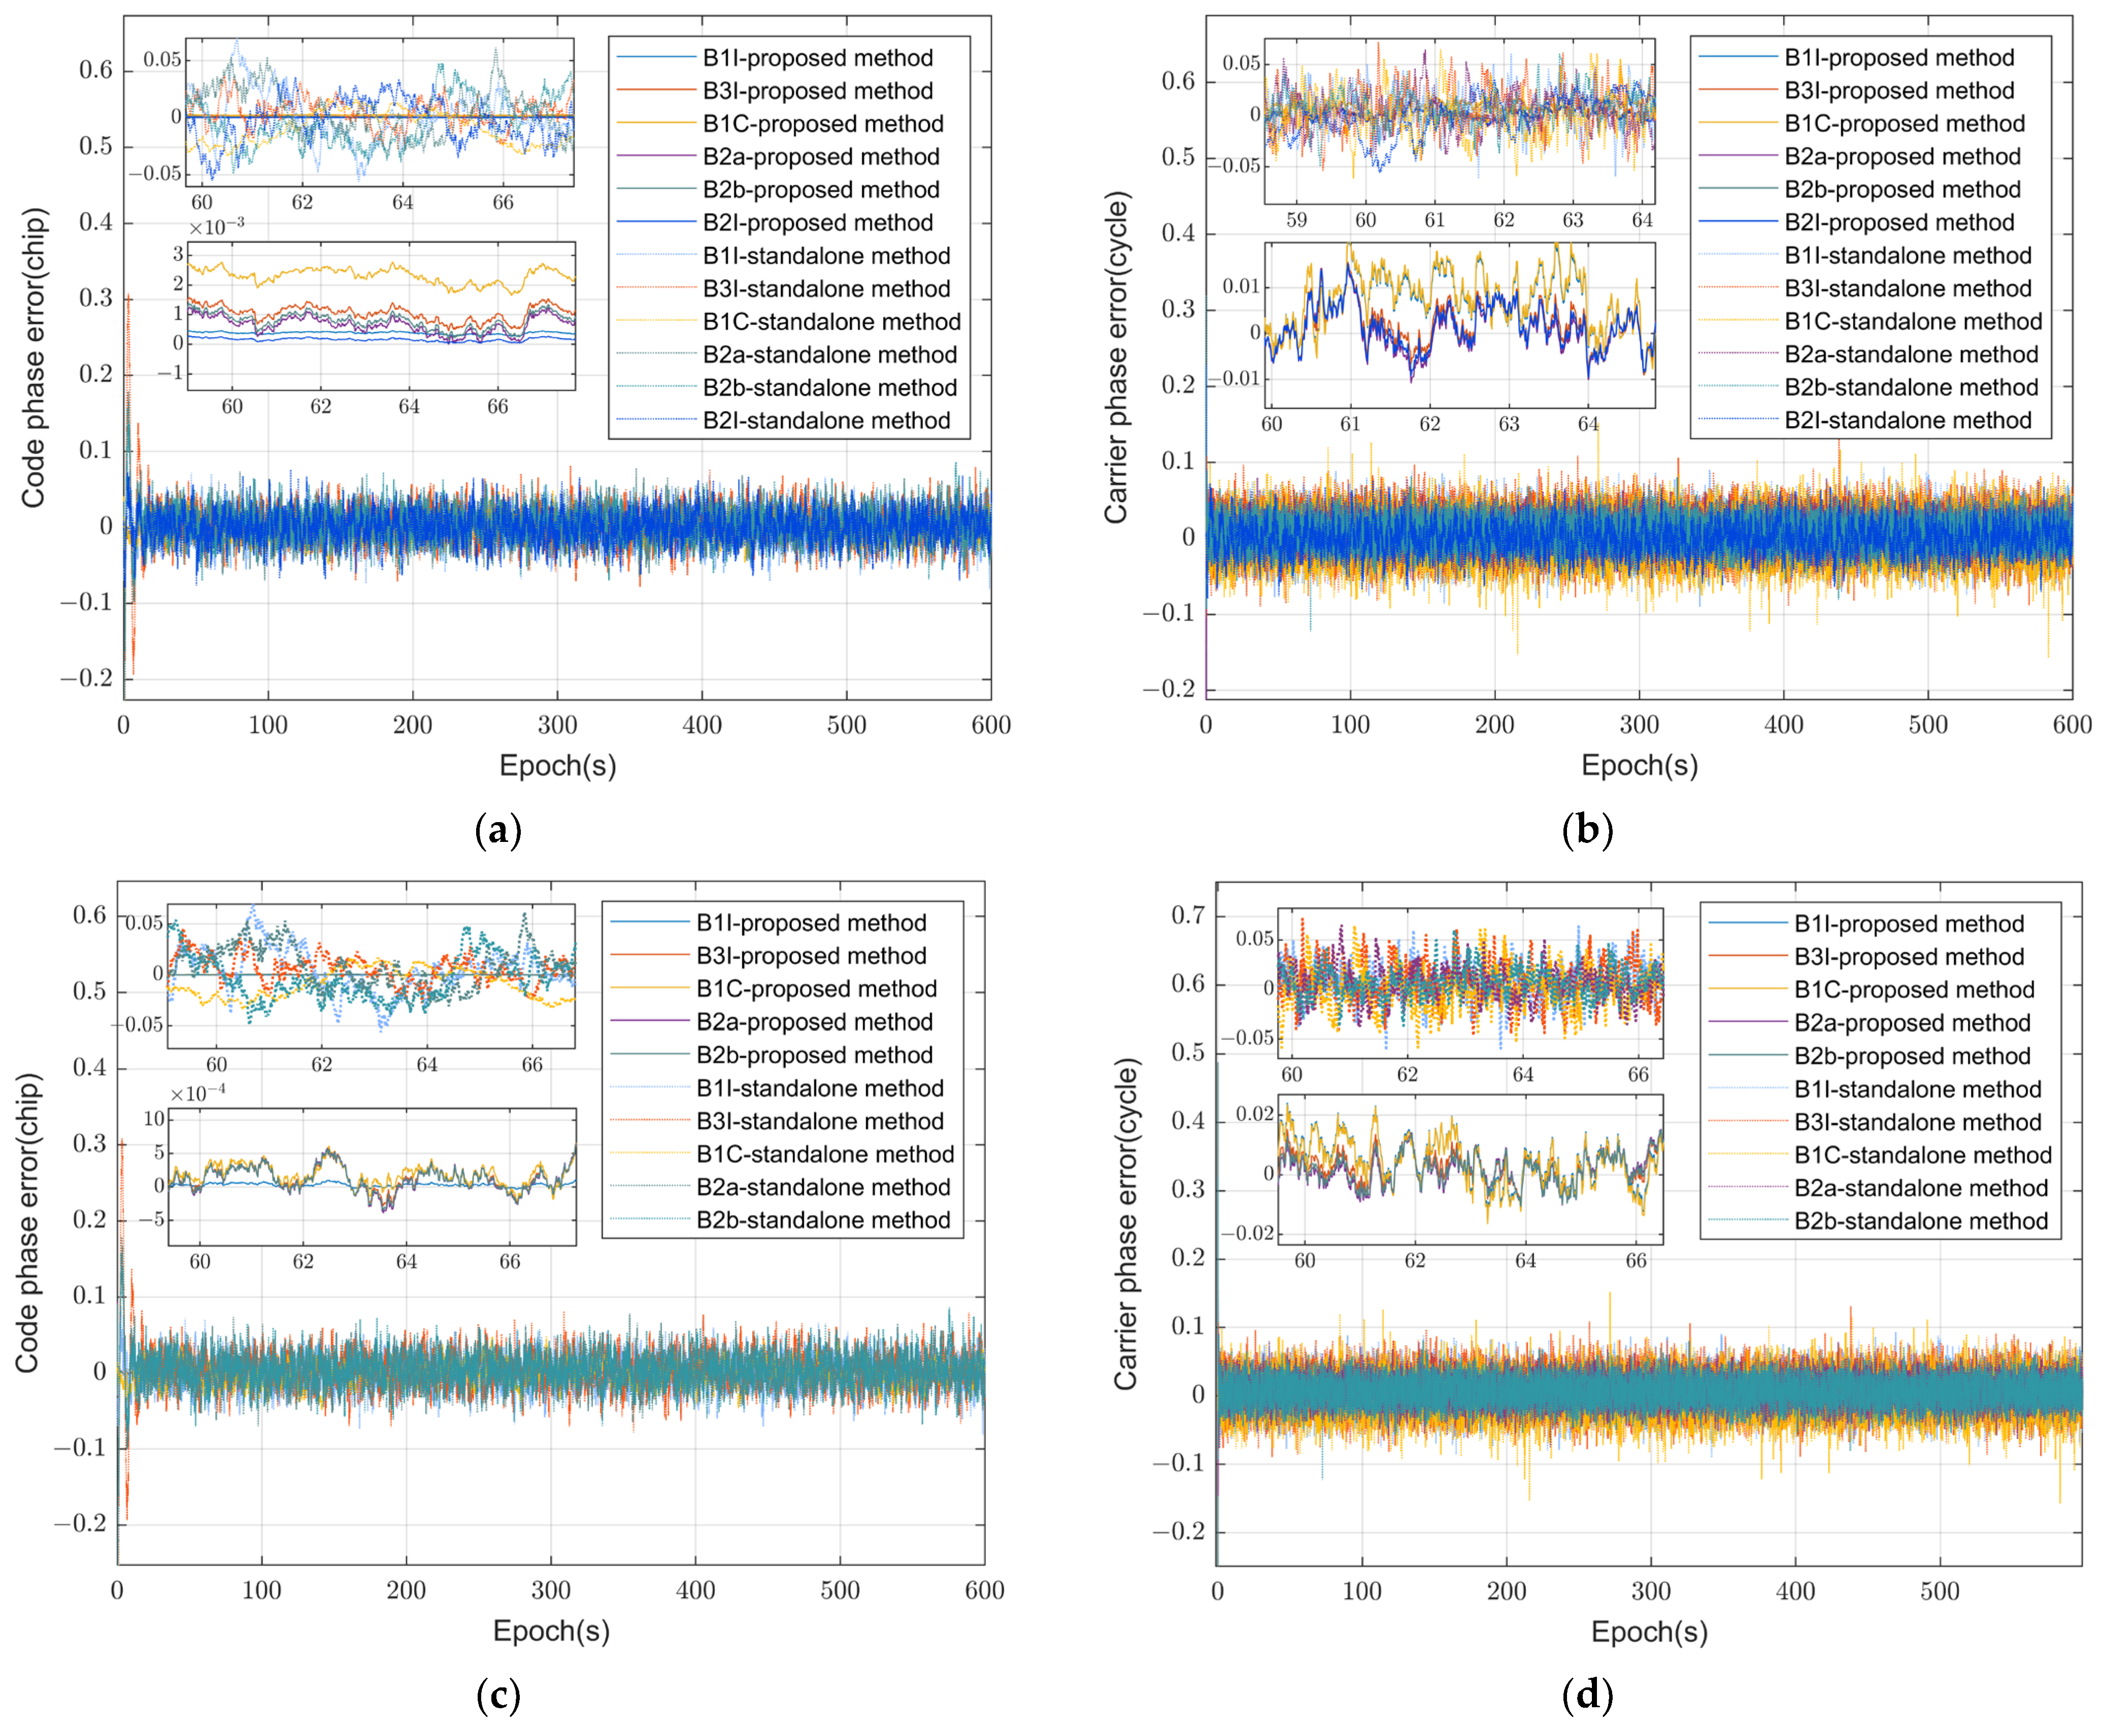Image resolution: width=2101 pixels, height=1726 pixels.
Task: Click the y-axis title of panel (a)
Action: coord(34,358)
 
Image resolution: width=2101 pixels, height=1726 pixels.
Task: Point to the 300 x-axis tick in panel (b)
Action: coord(1639,725)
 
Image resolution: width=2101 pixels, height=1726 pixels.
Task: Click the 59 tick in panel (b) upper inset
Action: coord(1296,220)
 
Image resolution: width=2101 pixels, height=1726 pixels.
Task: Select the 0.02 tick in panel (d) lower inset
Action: coord(1254,1114)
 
